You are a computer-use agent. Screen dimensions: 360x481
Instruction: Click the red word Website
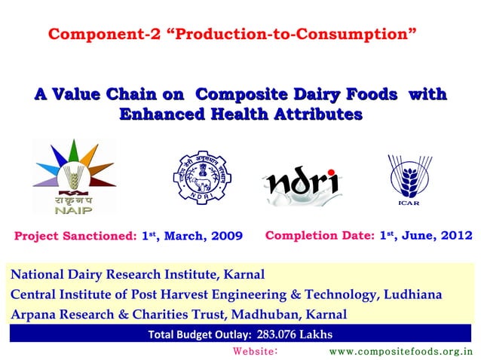pos(256,351)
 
